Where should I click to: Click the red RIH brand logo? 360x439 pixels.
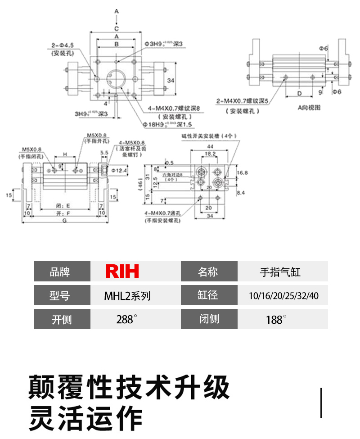point(122,272)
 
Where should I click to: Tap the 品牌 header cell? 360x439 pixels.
point(62,272)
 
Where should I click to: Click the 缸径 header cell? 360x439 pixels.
point(208,296)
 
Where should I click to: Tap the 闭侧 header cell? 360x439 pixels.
point(208,319)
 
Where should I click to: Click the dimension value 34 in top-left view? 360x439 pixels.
point(171,80)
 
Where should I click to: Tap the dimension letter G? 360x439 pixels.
point(65,221)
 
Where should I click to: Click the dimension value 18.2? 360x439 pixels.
point(210,154)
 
